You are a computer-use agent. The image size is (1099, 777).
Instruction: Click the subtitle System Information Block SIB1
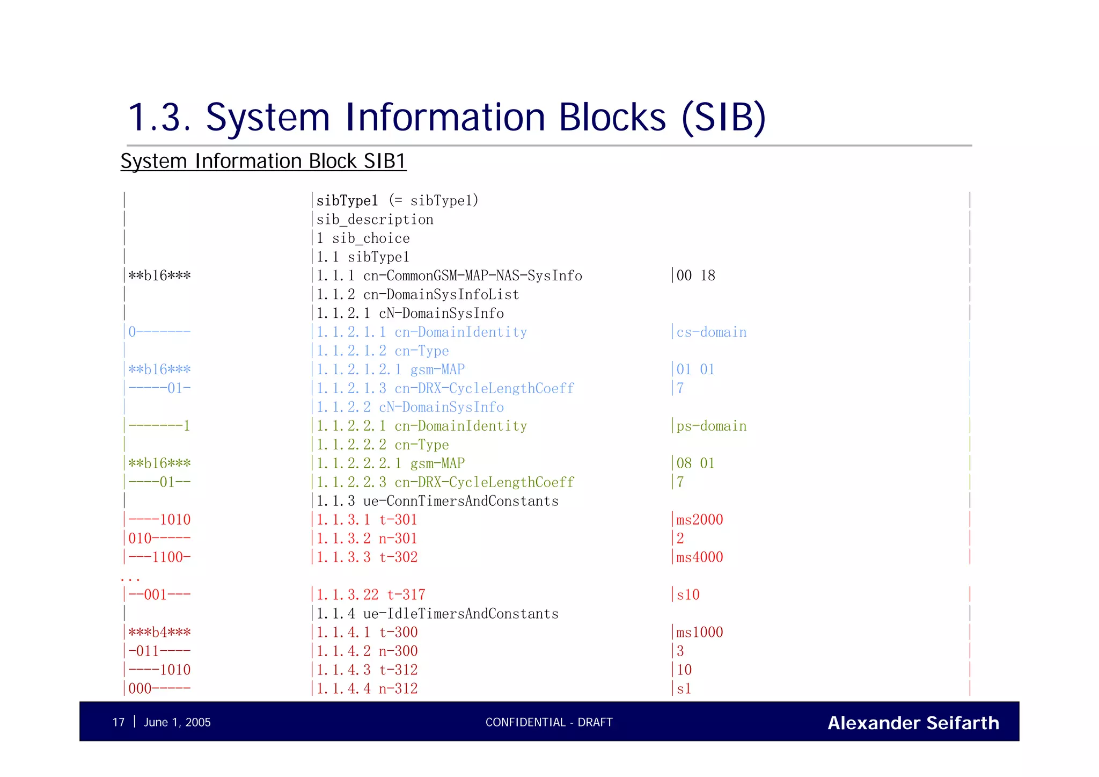click(263, 161)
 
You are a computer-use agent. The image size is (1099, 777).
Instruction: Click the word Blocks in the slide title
click(613, 117)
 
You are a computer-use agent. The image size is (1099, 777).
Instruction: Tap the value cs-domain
click(711, 332)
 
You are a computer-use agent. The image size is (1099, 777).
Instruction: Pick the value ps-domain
click(711, 426)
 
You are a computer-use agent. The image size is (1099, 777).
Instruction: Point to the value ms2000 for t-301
click(699, 519)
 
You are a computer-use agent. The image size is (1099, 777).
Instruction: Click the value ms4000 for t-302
click(699, 557)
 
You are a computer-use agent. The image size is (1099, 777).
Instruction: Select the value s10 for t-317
click(688, 594)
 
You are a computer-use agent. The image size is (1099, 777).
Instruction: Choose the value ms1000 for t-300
click(699, 632)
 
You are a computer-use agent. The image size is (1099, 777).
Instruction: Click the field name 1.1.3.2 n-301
click(367, 538)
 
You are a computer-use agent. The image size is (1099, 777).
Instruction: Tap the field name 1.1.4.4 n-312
click(367, 688)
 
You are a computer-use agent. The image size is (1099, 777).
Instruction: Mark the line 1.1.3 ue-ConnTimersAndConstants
click(437, 501)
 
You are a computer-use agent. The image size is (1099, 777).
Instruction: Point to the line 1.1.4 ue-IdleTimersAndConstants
click(437, 614)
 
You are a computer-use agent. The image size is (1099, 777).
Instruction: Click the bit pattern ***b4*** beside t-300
click(159, 632)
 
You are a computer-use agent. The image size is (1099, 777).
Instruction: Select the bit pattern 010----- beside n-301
click(159, 538)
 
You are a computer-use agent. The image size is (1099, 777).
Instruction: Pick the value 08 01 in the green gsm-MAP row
click(695, 463)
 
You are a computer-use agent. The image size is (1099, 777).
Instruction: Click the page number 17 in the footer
click(119, 722)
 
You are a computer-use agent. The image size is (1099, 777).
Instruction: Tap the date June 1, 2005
click(177, 722)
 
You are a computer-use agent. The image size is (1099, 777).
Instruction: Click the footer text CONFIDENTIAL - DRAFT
click(549, 722)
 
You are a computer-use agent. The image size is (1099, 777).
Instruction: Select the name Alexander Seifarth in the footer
click(913, 723)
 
